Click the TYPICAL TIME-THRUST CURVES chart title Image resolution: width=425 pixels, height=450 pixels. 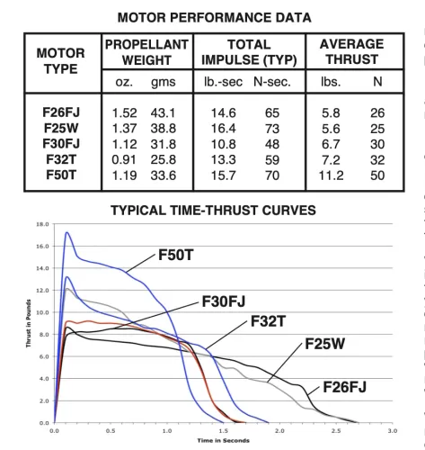(x=213, y=210)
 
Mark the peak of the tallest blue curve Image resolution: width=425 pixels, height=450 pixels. (x=66, y=232)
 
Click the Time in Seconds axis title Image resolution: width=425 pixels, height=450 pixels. (x=222, y=441)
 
